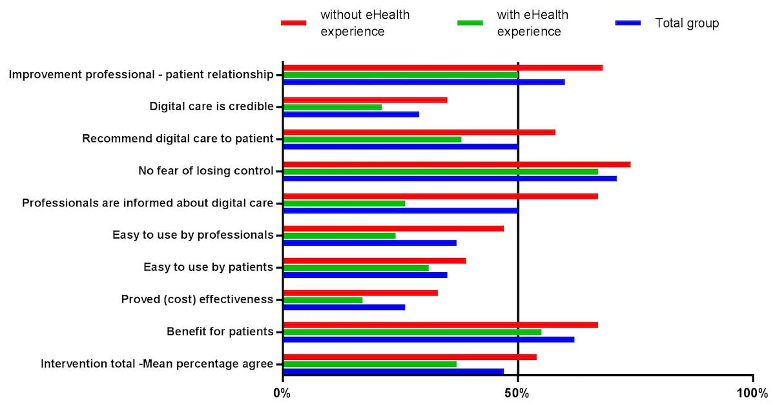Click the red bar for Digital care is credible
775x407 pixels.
click(x=365, y=100)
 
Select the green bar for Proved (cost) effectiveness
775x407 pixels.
click(x=323, y=300)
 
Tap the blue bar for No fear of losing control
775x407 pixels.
click(x=449, y=178)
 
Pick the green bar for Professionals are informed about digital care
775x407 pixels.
click(x=344, y=203)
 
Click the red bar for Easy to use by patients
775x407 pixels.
click(x=375, y=261)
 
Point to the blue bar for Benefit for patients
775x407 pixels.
click(x=428, y=339)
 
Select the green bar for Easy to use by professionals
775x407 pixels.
click(x=340, y=235)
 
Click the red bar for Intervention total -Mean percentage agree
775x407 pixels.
click(x=409, y=357)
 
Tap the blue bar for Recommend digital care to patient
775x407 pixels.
click(x=400, y=146)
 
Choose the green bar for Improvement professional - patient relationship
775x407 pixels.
click(x=400, y=75)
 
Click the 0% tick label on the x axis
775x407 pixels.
click(x=283, y=393)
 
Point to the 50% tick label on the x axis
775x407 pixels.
click(x=518, y=393)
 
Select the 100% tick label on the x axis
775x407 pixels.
click(x=752, y=393)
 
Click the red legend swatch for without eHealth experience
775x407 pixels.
click(x=293, y=23)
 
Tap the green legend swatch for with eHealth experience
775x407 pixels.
click(x=470, y=23)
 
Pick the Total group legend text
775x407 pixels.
click(x=687, y=23)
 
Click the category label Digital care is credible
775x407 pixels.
click(x=211, y=106)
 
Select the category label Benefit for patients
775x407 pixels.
click(x=220, y=332)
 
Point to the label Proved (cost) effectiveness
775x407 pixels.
click(x=197, y=299)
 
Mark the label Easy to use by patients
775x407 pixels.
click(x=208, y=267)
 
